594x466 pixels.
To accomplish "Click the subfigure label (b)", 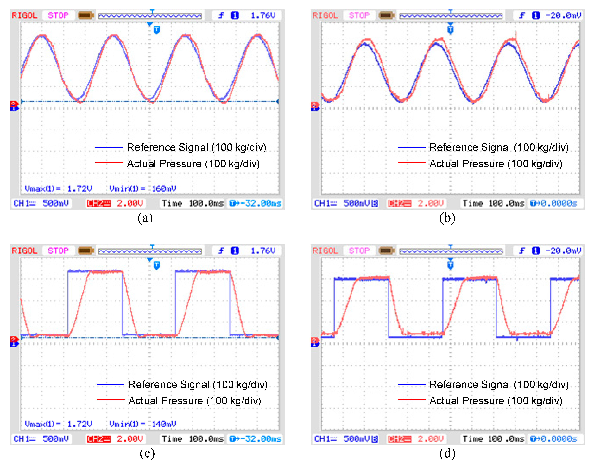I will [447, 218].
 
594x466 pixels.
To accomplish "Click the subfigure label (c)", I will [147, 453].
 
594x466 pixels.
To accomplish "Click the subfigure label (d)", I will [447, 453].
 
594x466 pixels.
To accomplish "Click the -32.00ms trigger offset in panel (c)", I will [255, 439].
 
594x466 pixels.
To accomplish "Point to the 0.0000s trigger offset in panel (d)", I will [554, 439].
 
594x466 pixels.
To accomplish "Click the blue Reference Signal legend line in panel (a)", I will [109, 147].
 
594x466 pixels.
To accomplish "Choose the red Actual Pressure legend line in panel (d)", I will [411, 399].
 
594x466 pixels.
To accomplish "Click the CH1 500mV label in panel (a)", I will [41, 203].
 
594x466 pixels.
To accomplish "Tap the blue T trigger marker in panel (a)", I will [156, 29].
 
